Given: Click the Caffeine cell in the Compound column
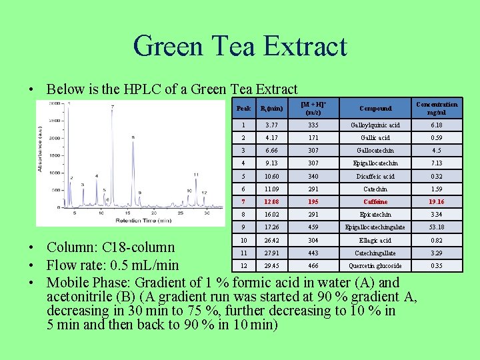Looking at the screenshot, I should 375,202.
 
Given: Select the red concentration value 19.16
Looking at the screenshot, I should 437,202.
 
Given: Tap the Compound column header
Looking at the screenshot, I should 375,108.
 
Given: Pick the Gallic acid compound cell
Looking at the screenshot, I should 375,138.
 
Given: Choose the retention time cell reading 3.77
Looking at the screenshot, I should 271,125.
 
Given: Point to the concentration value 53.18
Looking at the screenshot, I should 437,227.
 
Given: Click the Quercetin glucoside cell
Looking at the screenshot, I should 375,266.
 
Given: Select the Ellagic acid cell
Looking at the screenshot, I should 375,240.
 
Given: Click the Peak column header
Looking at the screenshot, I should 244,108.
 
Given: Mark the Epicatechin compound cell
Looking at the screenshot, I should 375,215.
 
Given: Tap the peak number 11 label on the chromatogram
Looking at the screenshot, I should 195,175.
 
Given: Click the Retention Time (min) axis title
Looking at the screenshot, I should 140,221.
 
